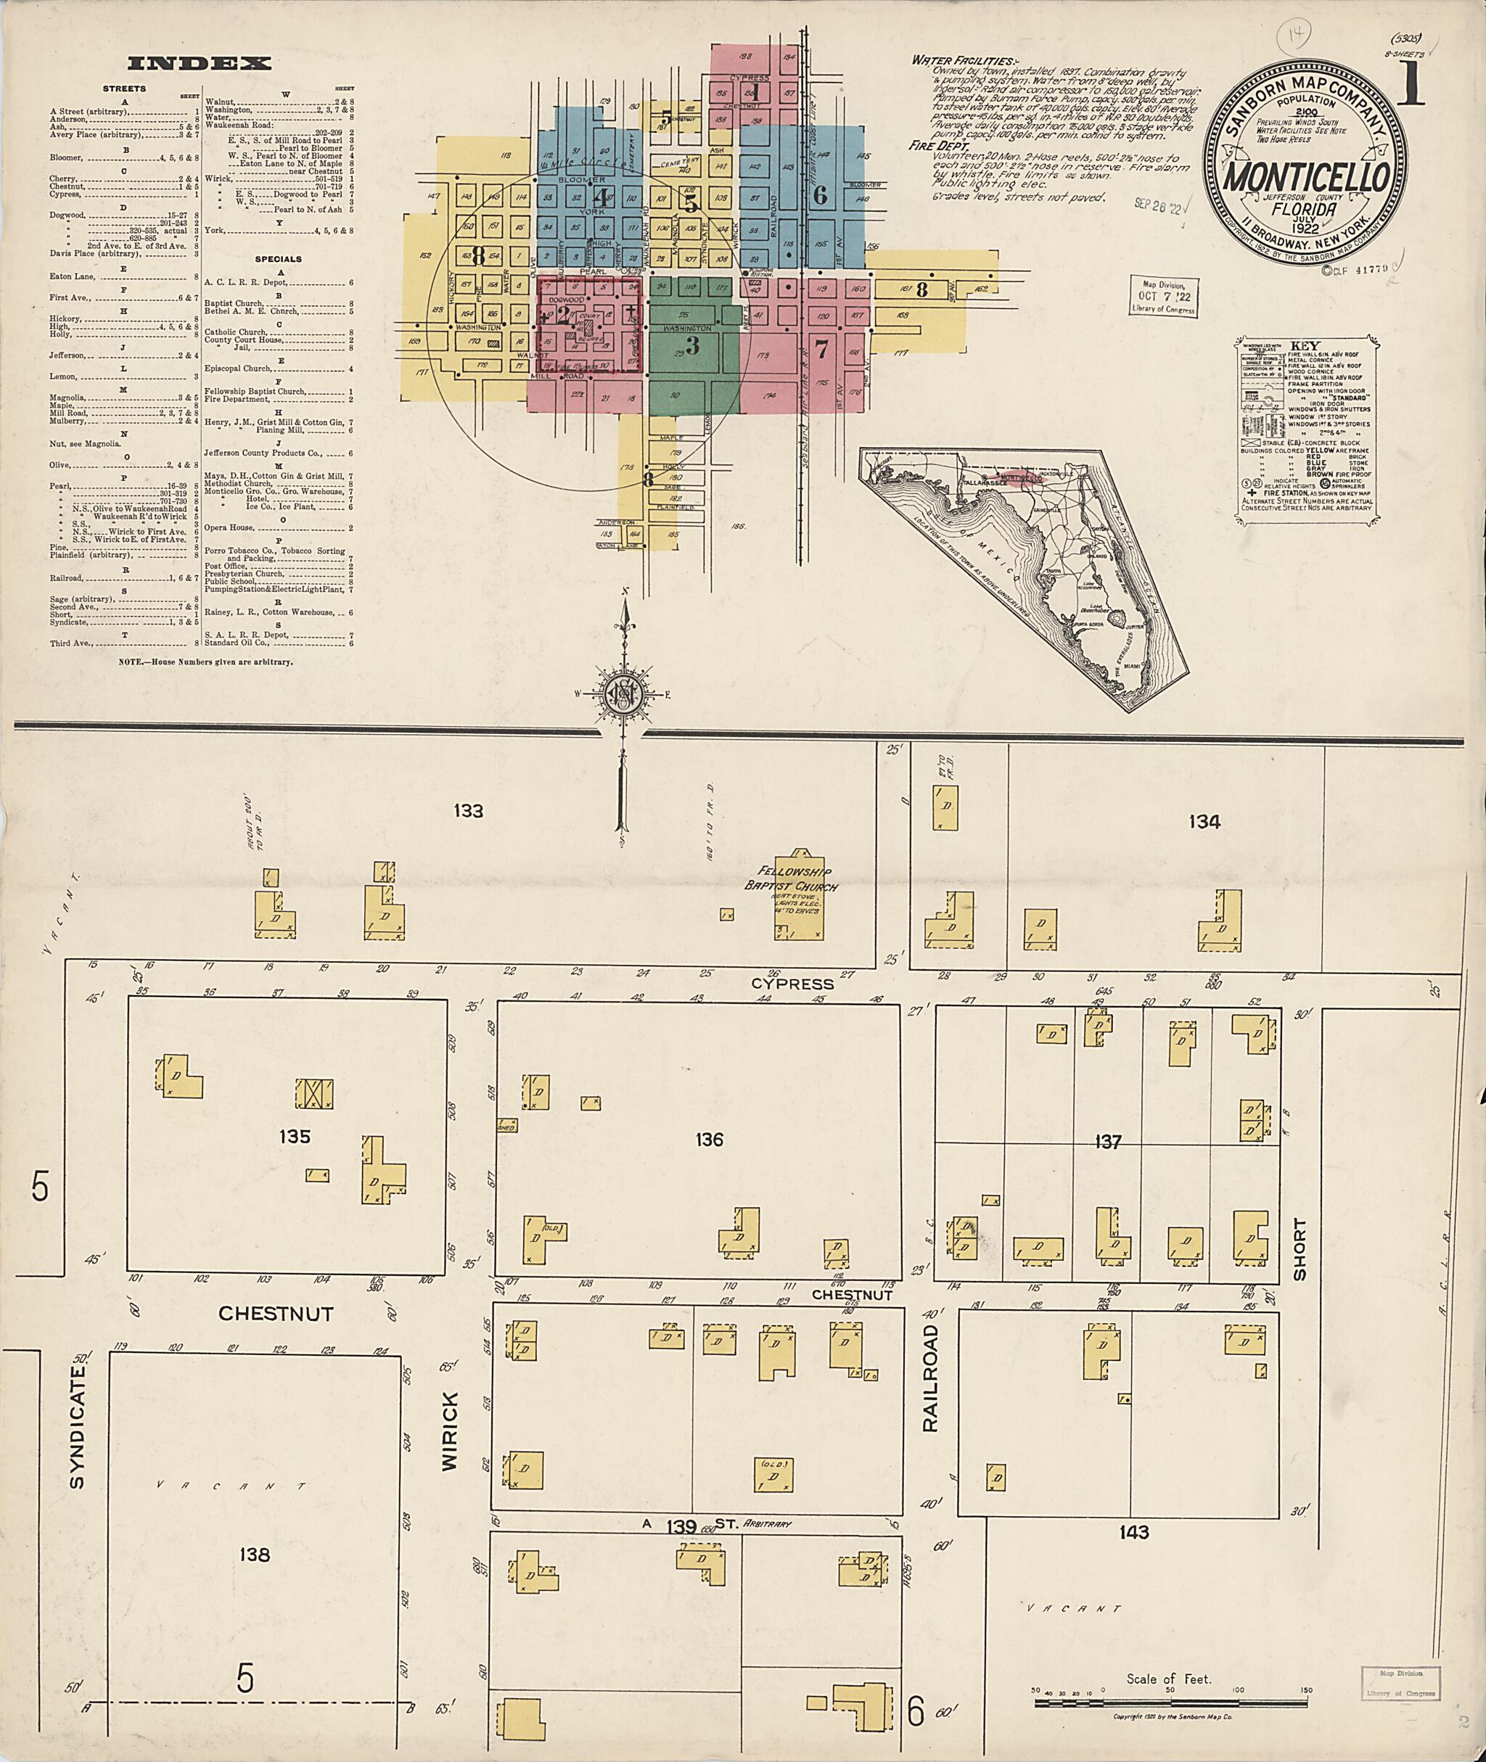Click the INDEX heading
point(200,63)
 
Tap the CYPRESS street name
point(792,984)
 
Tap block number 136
point(710,1140)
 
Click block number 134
point(1204,821)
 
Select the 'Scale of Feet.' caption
point(1168,1679)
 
